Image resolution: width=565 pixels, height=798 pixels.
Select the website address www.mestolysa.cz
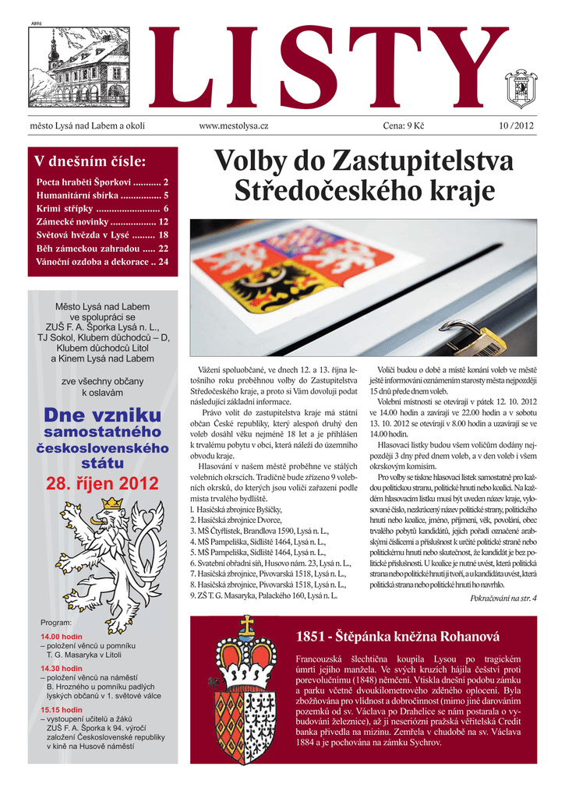pyautogui.click(x=234, y=125)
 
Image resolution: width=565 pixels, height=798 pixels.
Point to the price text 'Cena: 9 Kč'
pyautogui.click(x=403, y=125)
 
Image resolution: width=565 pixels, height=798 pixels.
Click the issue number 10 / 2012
pyautogui.click(x=517, y=125)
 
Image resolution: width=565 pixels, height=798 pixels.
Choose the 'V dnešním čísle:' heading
pyautogui.click(x=90, y=161)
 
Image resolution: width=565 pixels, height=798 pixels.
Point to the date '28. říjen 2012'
pyautogui.click(x=102, y=483)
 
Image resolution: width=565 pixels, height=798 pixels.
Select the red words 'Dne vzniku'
pyautogui.click(x=102, y=415)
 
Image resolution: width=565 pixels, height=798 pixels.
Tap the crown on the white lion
pyautogui.click(x=113, y=503)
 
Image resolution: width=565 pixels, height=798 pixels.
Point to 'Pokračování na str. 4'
pyautogui.click(x=503, y=598)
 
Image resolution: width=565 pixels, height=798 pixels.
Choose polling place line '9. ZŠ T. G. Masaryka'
pyautogui.click(x=263, y=595)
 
